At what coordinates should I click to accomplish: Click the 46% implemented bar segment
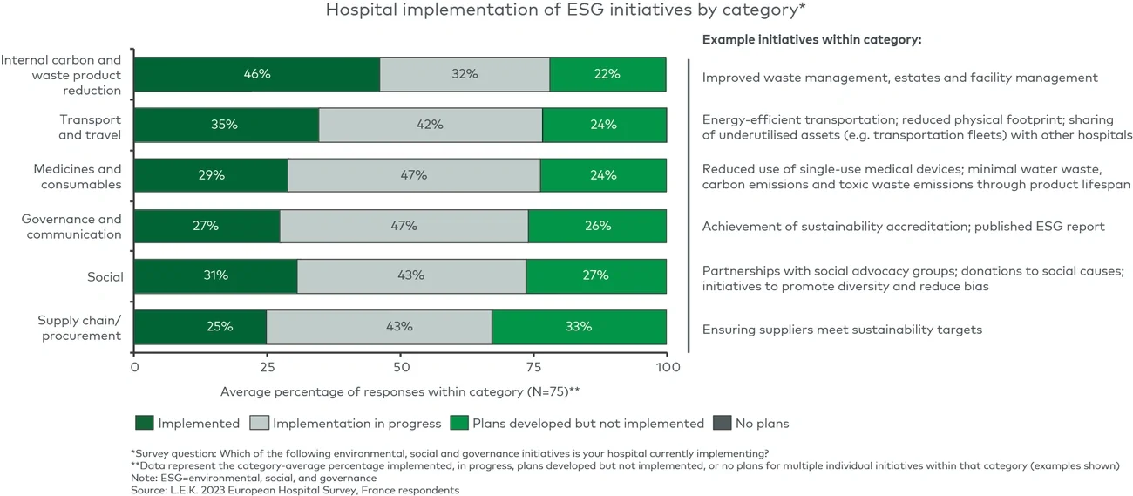pos(257,74)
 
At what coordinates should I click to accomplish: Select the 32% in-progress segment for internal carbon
pos(465,74)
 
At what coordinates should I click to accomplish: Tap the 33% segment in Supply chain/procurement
pos(580,327)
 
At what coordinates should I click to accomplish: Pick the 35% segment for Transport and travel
pos(227,125)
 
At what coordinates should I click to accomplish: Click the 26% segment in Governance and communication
pos(597,226)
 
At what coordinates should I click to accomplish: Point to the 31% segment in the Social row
pos(216,275)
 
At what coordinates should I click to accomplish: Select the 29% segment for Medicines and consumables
pos(211,175)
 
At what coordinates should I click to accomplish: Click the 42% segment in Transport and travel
pos(431,125)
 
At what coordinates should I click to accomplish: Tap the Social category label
pos(105,277)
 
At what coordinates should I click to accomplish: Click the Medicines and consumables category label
pos(78,176)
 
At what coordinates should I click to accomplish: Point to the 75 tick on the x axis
pos(533,368)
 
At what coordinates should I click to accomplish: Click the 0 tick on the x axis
pos(134,368)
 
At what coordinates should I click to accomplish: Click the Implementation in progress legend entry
pos(346,424)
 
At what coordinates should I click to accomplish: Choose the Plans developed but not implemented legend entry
pos(578,424)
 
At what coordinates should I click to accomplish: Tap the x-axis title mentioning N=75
pos(400,391)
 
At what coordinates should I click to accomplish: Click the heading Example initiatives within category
pos(811,40)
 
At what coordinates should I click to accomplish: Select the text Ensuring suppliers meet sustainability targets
pos(842,330)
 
